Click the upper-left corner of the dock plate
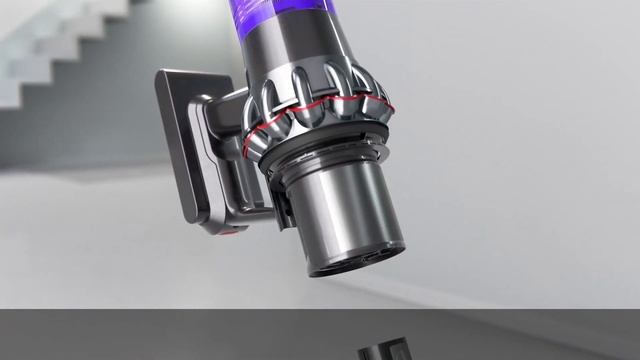point(163,76)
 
